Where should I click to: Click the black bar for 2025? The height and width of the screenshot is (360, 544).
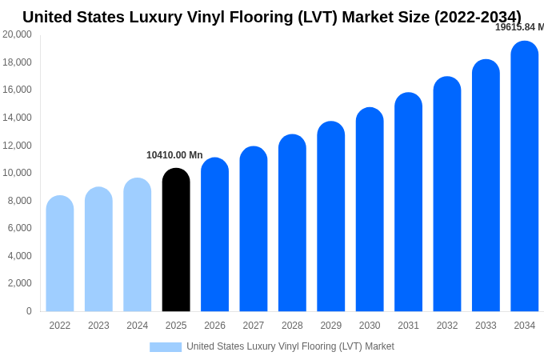point(176,240)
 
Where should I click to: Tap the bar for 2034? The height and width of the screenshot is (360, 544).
point(525,176)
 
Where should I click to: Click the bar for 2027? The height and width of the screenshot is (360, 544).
point(254,229)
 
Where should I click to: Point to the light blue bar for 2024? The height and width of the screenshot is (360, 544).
point(138,245)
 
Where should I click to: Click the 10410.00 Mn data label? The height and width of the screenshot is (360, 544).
point(174,155)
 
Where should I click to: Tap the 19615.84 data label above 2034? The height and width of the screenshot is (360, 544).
point(519,27)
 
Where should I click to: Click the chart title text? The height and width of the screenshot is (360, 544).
point(272,17)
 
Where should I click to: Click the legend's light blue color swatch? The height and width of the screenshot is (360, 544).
point(166,346)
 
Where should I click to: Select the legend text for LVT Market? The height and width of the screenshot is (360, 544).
point(290,346)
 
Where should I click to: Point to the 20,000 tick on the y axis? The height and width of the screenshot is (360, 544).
point(18,34)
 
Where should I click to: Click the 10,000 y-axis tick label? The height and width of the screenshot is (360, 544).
point(18,173)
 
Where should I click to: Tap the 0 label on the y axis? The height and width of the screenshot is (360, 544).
point(29,311)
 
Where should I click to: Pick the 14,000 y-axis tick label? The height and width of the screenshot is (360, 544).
point(18,118)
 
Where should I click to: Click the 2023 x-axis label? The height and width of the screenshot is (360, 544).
point(98,326)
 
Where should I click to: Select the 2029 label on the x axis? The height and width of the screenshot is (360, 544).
point(331,326)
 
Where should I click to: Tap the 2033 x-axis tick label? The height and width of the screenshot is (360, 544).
point(486,326)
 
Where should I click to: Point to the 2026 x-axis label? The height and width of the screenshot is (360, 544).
point(214,326)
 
